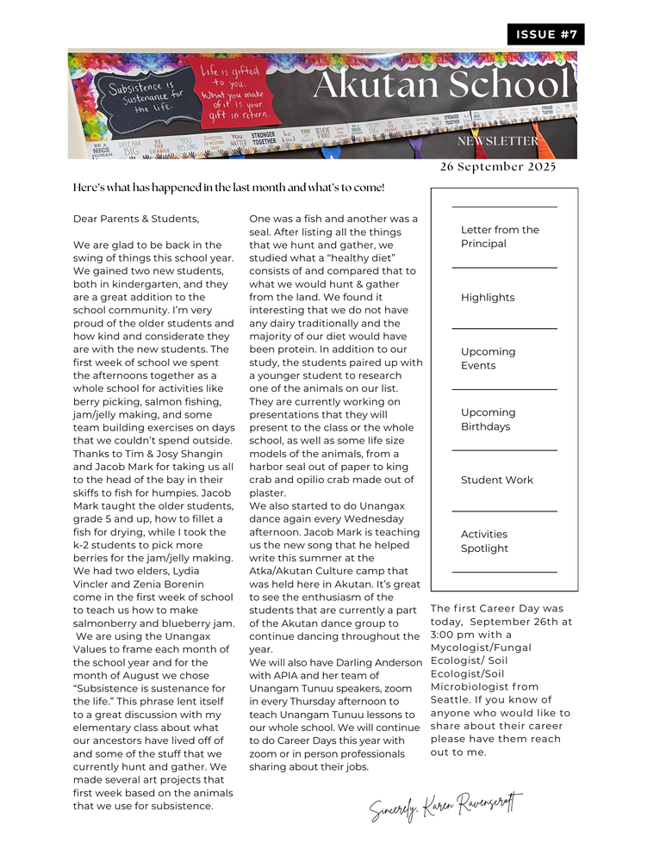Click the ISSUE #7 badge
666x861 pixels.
546,34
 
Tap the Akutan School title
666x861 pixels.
440,85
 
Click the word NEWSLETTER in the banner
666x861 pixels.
498,141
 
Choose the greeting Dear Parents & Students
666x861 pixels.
136,219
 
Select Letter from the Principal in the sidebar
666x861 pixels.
500,237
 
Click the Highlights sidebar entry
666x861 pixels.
488,298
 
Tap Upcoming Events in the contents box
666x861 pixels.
488,358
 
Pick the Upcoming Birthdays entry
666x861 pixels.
488,419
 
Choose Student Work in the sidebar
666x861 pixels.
497,480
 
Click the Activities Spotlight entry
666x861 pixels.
484,542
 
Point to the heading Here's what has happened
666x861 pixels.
229,188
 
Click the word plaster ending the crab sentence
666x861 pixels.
267,493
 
